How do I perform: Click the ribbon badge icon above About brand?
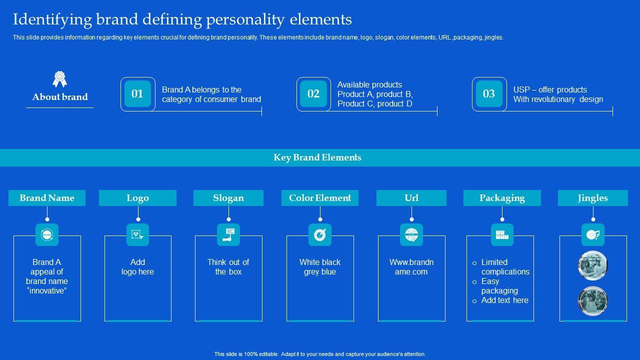[60, 79]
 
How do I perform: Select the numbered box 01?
[137, 94]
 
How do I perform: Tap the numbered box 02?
[313, 94]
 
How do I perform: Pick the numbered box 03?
[489, 94]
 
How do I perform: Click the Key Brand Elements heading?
[317, 157]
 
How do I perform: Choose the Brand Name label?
[47, 198]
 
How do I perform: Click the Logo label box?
[137, 198]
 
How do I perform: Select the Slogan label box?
[228, 198]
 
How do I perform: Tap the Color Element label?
[320, 198]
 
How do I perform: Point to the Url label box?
[411, 198]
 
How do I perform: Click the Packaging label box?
[502, 198]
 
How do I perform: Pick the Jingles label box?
[593, 198]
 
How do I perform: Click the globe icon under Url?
[411, 234]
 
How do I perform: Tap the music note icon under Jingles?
[593, 234]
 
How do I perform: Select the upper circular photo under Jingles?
[593, 265]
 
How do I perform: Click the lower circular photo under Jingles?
[593, 301]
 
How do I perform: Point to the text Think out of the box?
[228, 267]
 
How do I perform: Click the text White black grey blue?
[320, 267]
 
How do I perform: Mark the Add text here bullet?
[504, 300]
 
